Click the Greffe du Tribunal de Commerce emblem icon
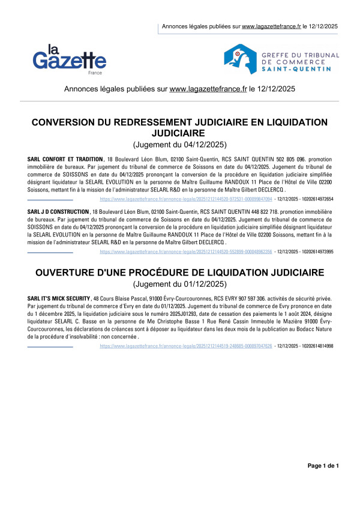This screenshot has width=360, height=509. click(x=241, y=58)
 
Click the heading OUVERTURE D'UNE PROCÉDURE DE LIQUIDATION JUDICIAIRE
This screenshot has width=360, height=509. click(x=179, y=273)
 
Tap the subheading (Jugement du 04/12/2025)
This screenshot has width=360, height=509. click(x=179, y=144)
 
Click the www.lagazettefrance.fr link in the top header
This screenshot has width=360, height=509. click(x=272, y=27)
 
